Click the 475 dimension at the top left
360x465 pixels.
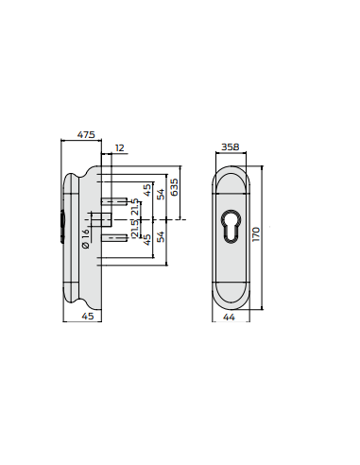[x=85, y=135]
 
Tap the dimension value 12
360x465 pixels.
[x=119, y=148]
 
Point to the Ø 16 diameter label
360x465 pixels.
[x=85, y=238]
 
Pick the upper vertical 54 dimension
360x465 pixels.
[x=161, y=195]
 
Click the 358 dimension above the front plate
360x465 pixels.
[x=229, y=146]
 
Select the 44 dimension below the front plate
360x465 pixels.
[x=229, y=319]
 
